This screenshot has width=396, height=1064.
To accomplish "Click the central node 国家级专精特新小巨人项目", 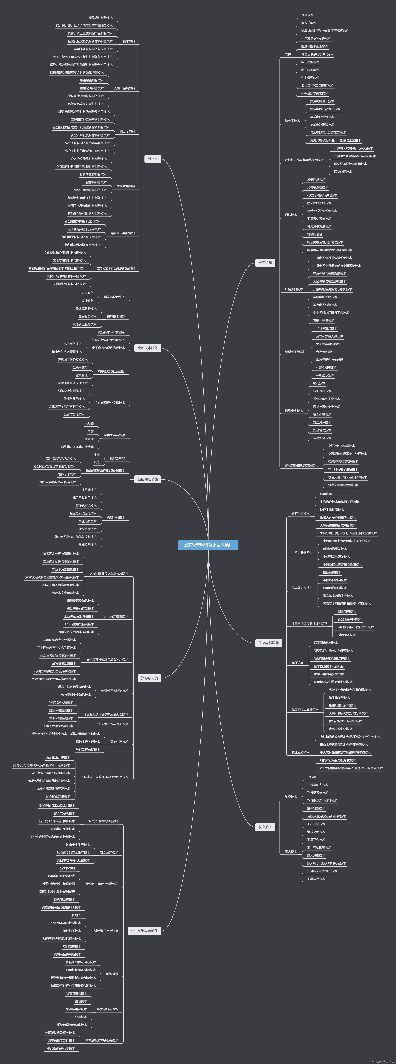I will pyautogui.click(x=208, y=545).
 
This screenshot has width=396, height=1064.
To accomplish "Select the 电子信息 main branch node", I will pyautogui.click(x=265, y=263).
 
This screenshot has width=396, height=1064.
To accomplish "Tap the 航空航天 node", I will pyautogui.click(x=265, y=827).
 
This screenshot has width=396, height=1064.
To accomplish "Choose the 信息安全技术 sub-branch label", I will pyautogui.click(x=294, y=411).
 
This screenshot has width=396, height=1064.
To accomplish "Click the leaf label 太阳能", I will pyautogui.click(x=89, y=423).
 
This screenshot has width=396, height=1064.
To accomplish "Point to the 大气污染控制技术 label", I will pyautogui.click(x=116, y=616).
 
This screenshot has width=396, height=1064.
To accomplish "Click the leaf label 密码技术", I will pyautogui.click(x=319, y=383).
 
